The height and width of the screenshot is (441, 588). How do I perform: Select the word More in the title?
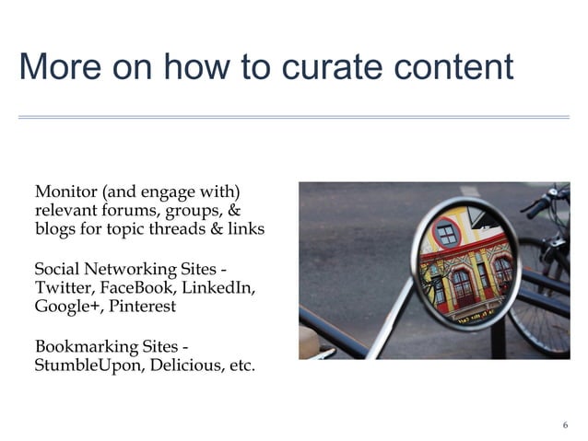point(56,67)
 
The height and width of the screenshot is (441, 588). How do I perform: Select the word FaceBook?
point(137,288)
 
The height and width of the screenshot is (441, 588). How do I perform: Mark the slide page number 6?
point(565,424)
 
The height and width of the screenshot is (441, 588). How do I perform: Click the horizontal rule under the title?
point(294,117)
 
